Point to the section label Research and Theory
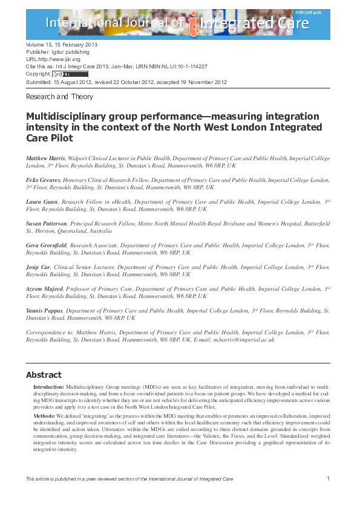59,96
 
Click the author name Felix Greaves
45,180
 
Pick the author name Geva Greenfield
47,245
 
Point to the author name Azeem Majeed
47,289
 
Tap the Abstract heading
44,375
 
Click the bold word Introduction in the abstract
47,386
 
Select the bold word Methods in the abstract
44,417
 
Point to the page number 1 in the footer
327,479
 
